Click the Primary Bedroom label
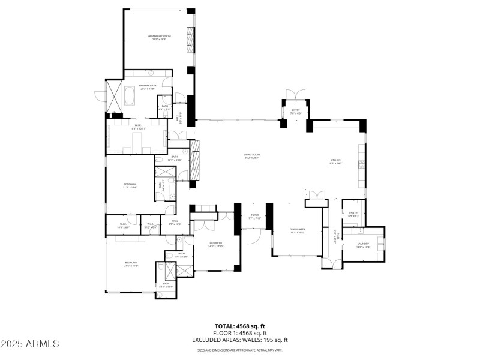[159, 37]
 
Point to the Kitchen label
[335, 160]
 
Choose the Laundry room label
[364, 244]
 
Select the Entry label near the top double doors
[296, 110]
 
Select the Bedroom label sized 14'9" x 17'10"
[216, 244]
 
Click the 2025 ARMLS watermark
[30, 344]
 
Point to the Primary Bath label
[148, 86]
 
